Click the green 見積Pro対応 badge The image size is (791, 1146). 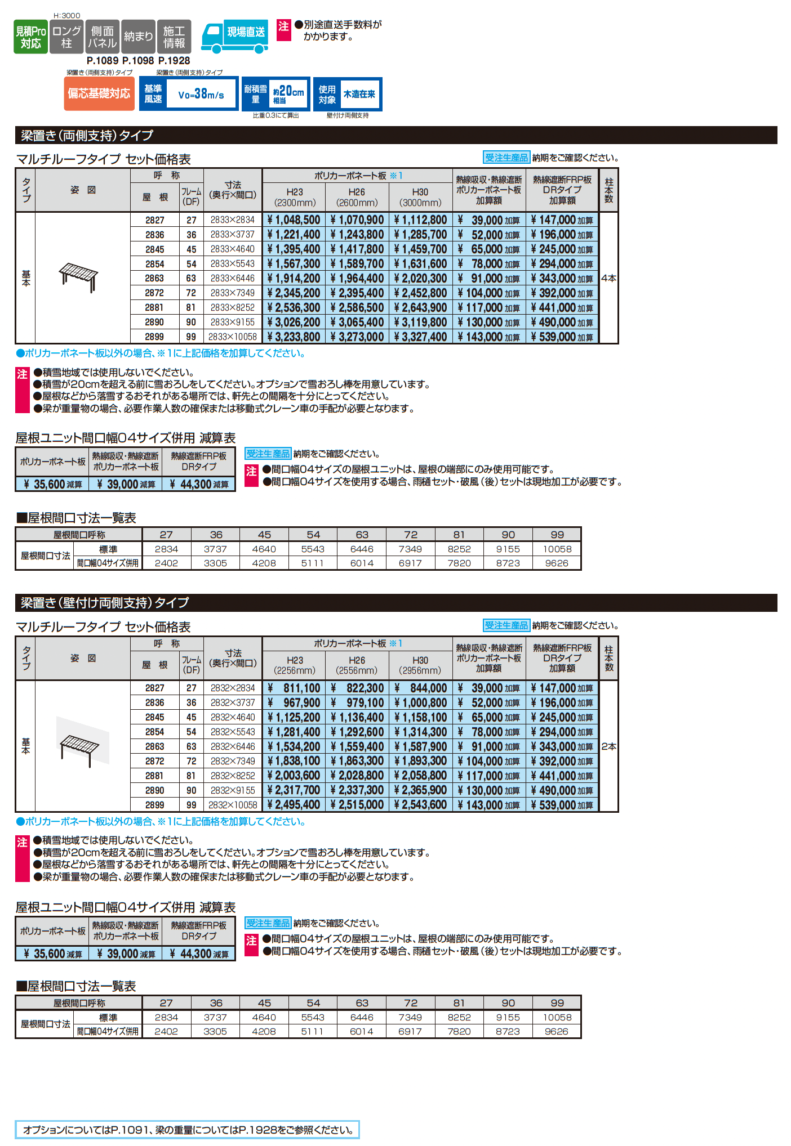pos(30,37)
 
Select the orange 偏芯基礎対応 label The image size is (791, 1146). pos(99,93)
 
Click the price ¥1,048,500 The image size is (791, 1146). pos(294,220)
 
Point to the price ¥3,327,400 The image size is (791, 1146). pos(420,337)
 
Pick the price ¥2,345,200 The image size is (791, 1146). pos(294,293)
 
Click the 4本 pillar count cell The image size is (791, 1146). pos(608,278)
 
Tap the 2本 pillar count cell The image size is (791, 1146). pos(608,746)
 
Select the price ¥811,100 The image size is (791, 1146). pos(294,688)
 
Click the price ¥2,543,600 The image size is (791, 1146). pos(420,805)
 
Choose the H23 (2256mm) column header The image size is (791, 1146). pos(295,665)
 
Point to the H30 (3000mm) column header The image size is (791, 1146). pos(420,197)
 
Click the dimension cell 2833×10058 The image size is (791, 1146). pos(233,337)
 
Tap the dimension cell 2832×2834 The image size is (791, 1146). pos(233,688)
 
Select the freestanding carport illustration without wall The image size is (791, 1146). pos(79,276)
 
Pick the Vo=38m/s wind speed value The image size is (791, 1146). pos(201,95)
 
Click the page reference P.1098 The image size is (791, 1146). pos(138,61)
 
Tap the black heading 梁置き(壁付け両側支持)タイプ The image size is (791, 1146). pos(105,603)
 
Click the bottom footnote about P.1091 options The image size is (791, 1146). pos(187,1130)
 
